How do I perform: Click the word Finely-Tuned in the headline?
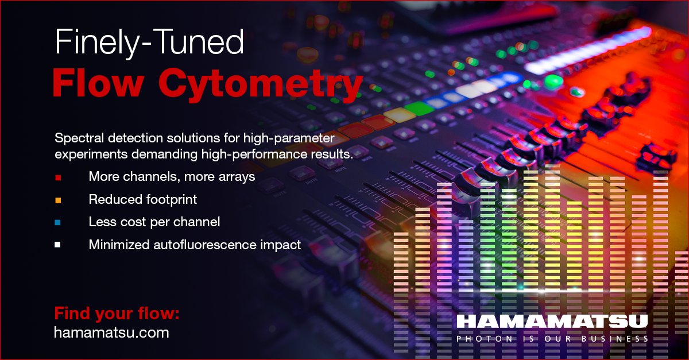pos(149,44)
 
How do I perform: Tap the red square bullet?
pos(57,177)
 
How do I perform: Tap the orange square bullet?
pos(57,200)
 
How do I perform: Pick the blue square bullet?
pos(57,222)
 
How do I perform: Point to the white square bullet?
pos(57,245)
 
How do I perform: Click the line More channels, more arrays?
pos(172,177)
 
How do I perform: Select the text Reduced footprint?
pos(142,199)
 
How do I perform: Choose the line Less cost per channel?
pos(154,222)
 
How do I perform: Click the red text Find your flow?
pos(117,313)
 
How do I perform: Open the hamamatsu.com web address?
pos(111,332)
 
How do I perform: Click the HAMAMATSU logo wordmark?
pos(552,322)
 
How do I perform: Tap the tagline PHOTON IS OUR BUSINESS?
pos(552,339)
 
